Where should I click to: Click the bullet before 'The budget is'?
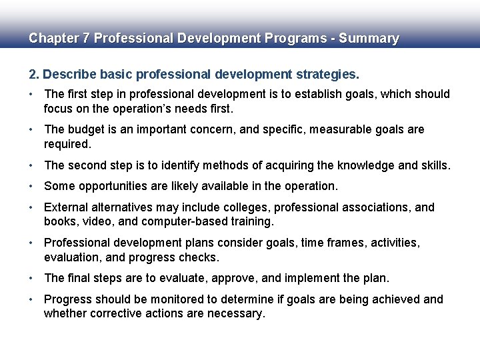(31, 129)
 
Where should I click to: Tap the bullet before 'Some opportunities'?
(31, 186)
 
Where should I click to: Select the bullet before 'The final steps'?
(31, 278)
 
